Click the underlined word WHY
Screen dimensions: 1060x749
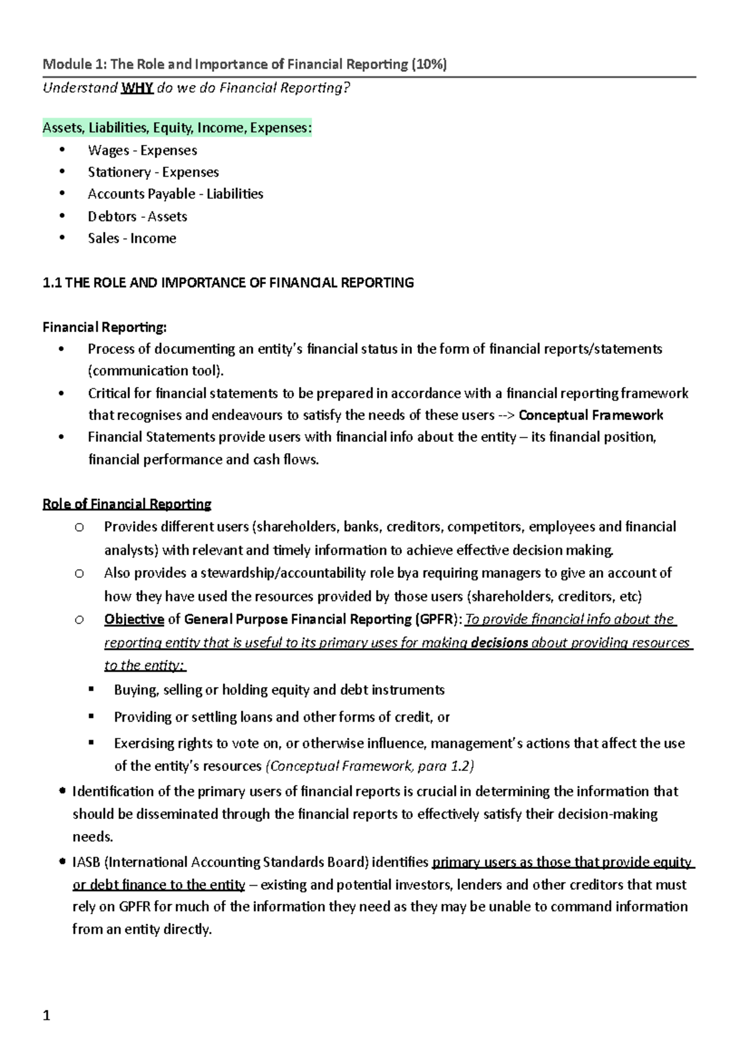click(x=137, y=87)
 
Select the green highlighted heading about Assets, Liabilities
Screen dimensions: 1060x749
click(x=177, y=128)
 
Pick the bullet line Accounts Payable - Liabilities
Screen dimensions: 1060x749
click(x=175, y=194)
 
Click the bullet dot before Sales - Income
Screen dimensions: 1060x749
click(x=61, y=238)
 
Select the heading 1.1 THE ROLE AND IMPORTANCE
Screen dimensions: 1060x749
click(x=228, y=283)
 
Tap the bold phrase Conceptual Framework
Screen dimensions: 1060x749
click(x=590, y=415)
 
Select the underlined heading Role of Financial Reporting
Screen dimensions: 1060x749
click(x=127, y=504)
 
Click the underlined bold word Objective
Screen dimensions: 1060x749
click(x=134, y=619)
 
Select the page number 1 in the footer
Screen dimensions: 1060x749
click(x=46, y=1016)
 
